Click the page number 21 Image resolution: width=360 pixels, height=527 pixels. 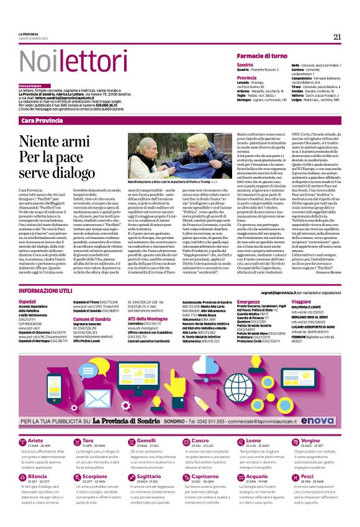click(x=337, y=37)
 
